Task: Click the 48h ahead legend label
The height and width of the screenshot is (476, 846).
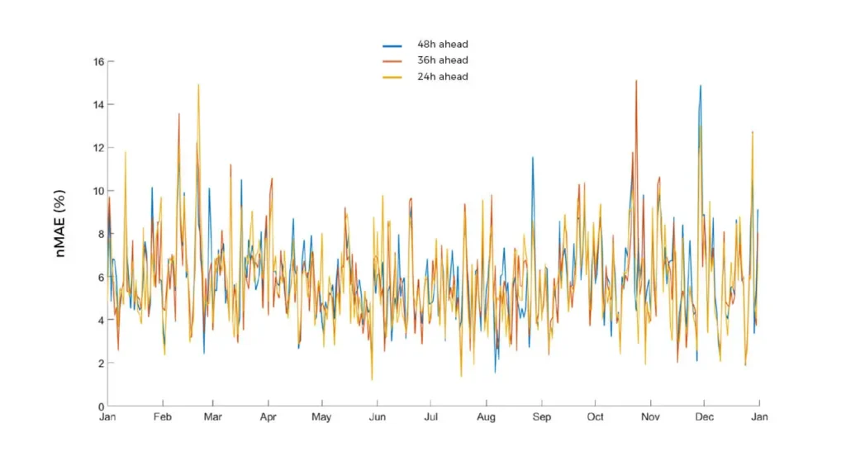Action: pos(443,44)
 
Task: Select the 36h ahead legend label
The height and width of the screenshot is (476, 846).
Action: pos(443,60)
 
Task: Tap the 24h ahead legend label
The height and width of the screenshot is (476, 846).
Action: pos(443,77)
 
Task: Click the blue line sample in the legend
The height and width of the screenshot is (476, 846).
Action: pos(392,45)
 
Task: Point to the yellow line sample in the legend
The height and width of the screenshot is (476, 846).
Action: pos(392,77)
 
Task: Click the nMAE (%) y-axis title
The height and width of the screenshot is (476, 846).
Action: pos(61,232)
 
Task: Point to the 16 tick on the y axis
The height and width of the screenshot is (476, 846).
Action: pos(98,62)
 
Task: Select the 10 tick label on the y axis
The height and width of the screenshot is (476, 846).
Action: pos(98,191)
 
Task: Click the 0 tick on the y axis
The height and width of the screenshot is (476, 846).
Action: pos(101,406)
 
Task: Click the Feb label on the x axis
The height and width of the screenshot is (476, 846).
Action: pos(163,417)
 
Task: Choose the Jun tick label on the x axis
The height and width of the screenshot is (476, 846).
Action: pos(376,417)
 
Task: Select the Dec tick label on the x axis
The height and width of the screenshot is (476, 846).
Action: pos(704,417)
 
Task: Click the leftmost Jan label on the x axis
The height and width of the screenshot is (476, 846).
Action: pos(107,417)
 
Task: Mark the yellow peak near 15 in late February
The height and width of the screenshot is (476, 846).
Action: pos(198,84)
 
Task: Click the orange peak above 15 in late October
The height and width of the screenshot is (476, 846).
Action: pos(636,81)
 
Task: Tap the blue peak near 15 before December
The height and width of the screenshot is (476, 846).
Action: pos(701,85)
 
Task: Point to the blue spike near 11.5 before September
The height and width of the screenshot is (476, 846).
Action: pos(533,158)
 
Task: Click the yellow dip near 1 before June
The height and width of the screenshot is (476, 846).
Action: pos(372,379)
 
